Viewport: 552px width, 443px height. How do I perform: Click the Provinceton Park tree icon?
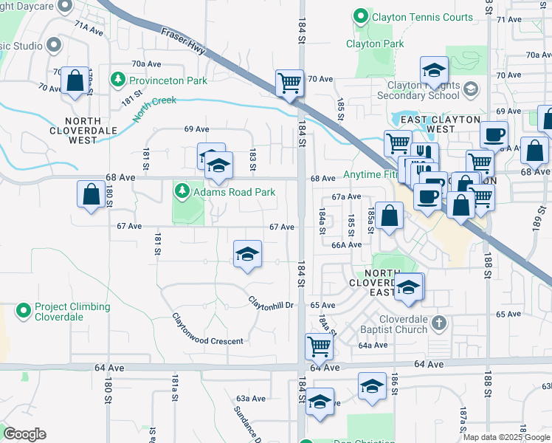[117, 79]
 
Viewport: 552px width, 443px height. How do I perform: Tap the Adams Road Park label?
[235, 193]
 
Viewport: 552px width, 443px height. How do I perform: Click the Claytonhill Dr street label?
[271, 301]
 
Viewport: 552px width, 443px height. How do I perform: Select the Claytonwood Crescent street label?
[207, 331]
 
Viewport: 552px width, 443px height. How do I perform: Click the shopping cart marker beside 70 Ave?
[289, 82]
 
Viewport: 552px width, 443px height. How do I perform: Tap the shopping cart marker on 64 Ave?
[319, 345]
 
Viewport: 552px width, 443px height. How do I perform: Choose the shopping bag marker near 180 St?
[91, 195]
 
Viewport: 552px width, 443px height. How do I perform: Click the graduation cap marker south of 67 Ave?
[247, 255]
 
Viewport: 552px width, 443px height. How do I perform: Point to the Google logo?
[24, 434]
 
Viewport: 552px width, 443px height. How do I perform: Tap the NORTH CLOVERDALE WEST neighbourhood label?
[92, 130]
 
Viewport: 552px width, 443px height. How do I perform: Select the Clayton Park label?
[375, 44]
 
